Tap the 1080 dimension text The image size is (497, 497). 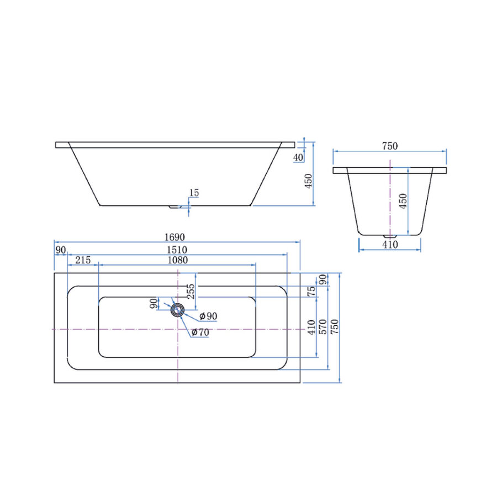tap(177, 260)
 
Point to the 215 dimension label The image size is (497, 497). tap(83, 260)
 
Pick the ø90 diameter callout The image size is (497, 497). tap(208, 316)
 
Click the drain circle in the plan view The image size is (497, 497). tap(177, 310)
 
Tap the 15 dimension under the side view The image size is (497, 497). tap(194, 193)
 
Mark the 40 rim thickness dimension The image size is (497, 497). tap(298, 157)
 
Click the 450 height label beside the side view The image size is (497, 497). tap(309, 181)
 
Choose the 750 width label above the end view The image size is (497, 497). tap(390, 146)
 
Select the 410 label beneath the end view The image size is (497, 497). tap(390, 245)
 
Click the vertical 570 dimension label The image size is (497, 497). tap(323, 327)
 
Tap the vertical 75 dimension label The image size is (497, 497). tap(312, 290)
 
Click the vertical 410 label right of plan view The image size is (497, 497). tap(312, 327)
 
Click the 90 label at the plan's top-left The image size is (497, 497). tap(60, 249)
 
